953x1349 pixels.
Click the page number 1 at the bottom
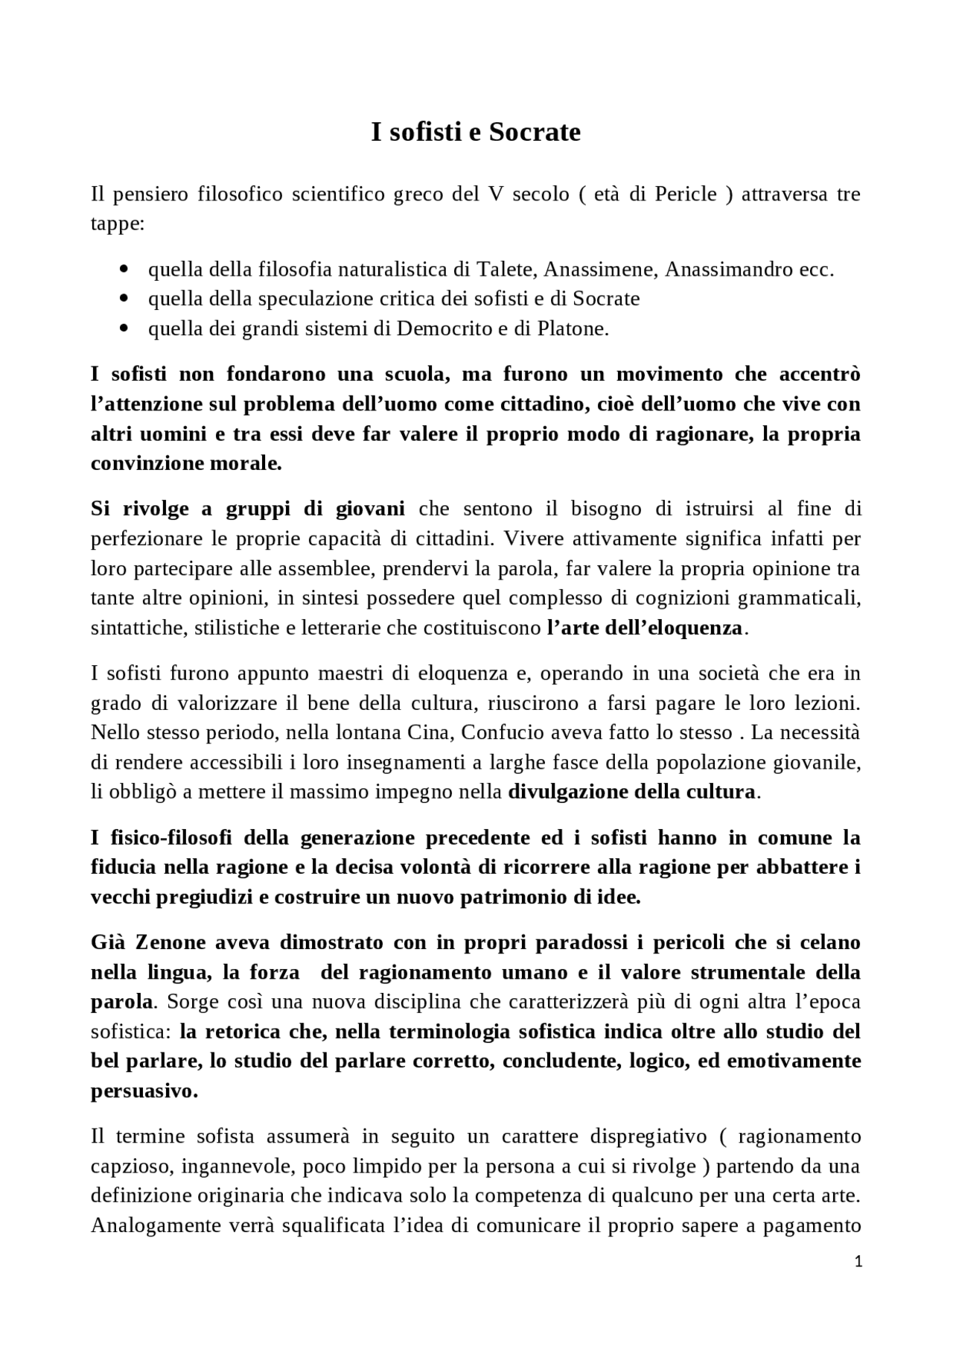[x=859, y=1262]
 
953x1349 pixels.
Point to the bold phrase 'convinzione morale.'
[x=186, y=463]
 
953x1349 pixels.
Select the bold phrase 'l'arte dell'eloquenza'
[x=644, y=628]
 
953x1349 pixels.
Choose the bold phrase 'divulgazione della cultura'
[x=631, y=792]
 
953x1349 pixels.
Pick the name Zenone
[x=170, y=942]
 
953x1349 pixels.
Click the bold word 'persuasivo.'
[x=144, y=1092]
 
